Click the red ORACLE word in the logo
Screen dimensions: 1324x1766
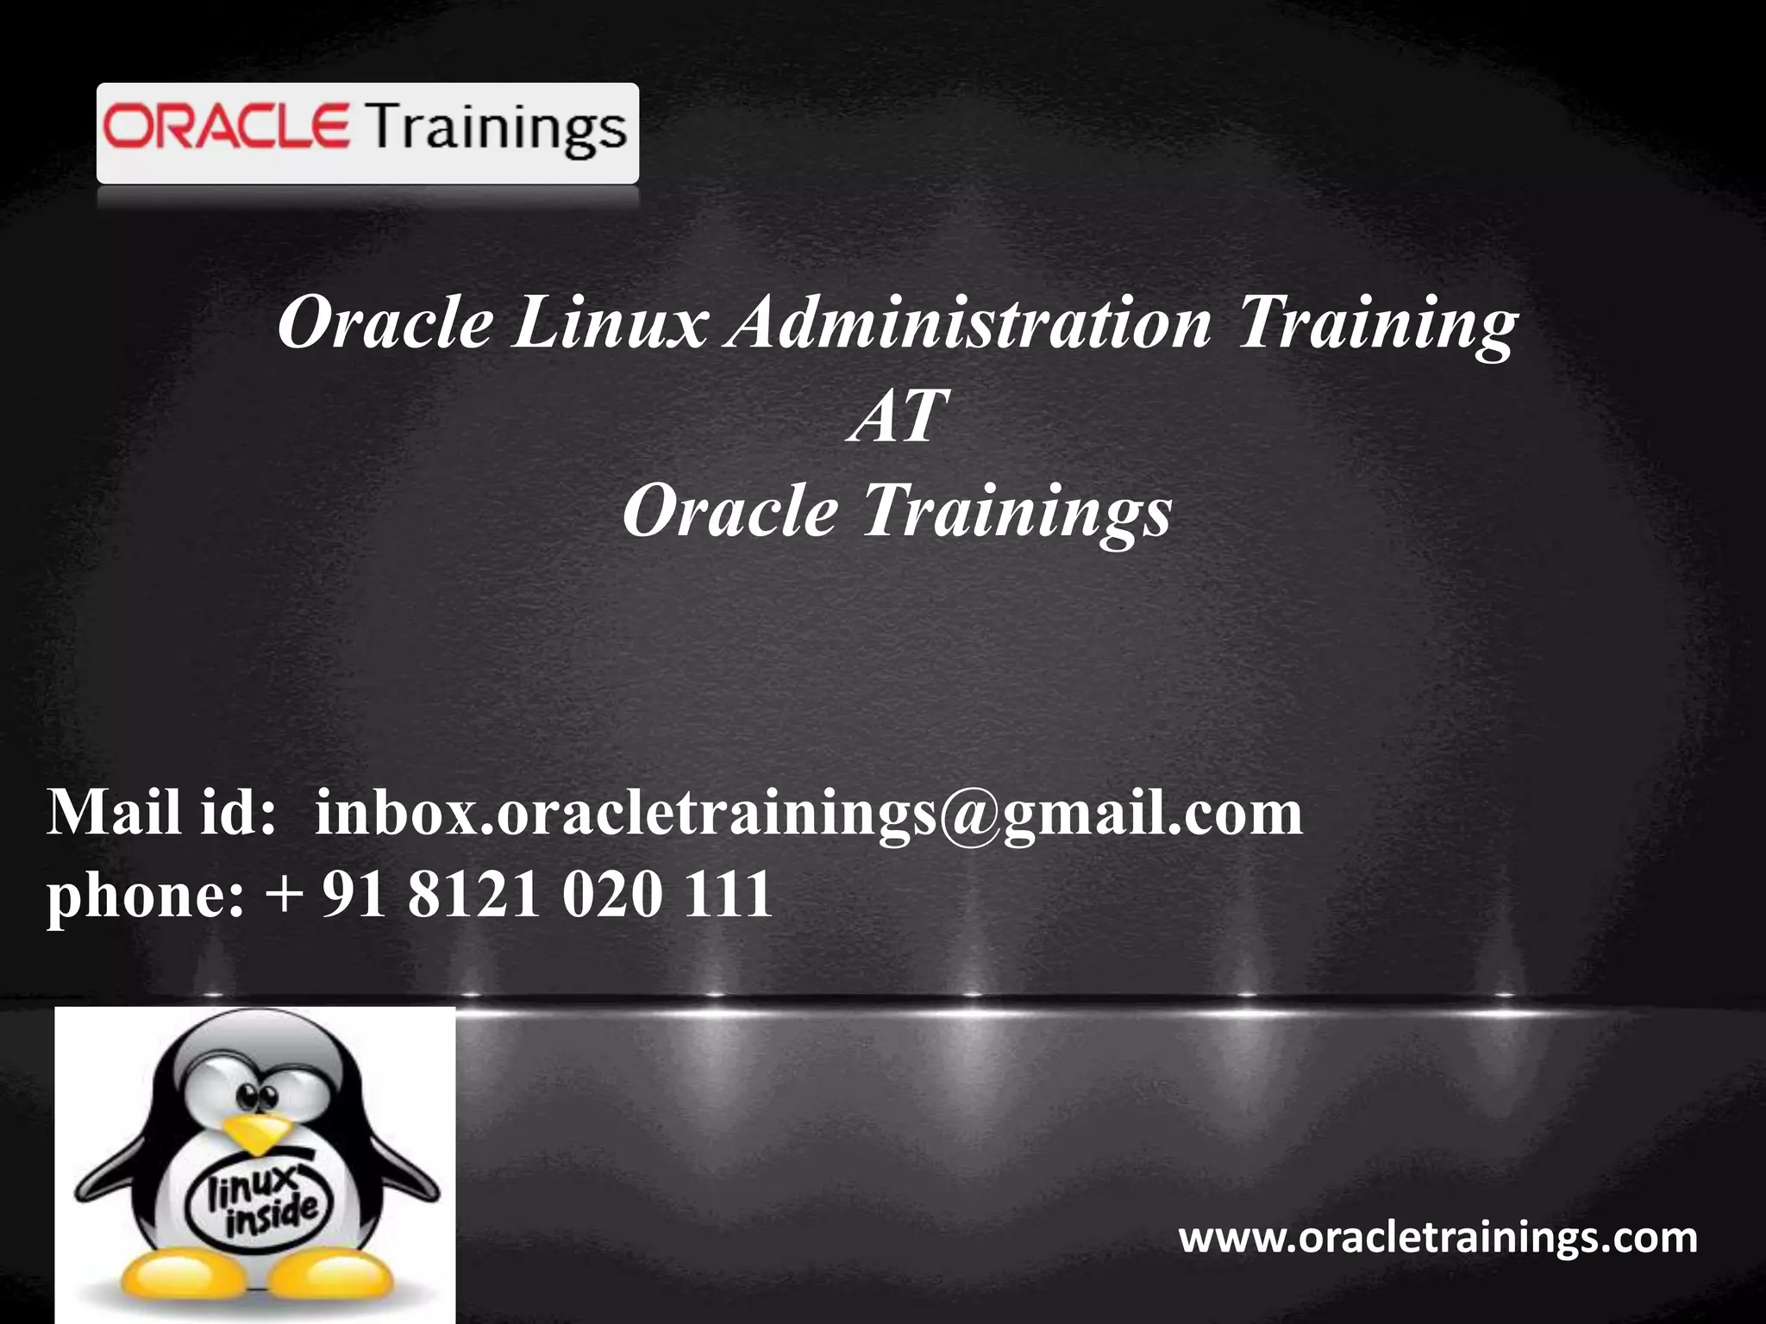[226, 128]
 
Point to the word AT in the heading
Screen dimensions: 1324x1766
[897, 416]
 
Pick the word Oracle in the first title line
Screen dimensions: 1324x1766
[385, 324]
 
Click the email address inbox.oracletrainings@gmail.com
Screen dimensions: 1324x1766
[808, 815]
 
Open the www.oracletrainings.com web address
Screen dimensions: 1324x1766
[1437, 1238]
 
